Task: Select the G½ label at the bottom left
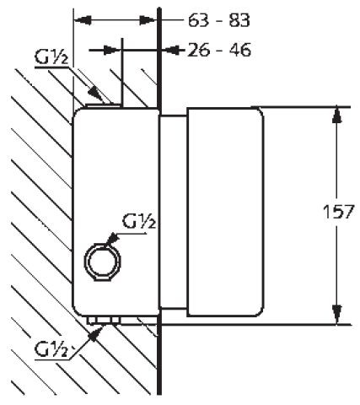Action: click(51, 348)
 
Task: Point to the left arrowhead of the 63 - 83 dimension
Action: click(81, 19)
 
